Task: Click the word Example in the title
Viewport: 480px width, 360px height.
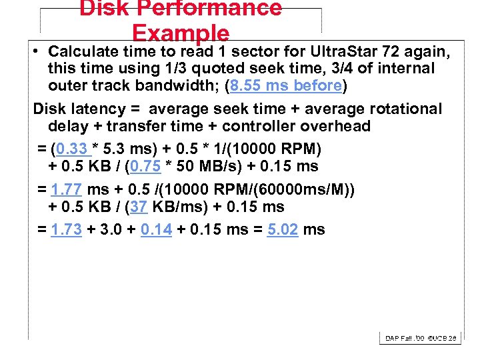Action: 181,33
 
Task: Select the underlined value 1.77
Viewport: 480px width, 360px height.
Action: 66,190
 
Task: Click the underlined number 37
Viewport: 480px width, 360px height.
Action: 139,207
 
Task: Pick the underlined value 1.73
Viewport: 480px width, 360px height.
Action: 66,230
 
